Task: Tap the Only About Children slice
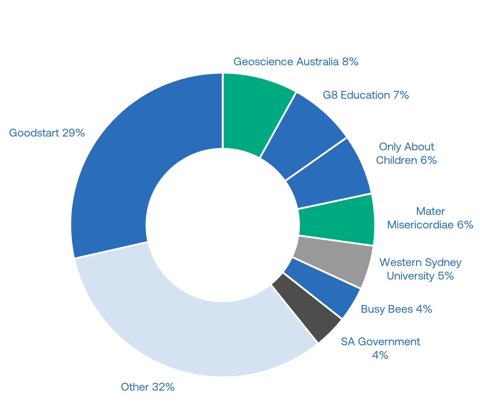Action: (330, 173)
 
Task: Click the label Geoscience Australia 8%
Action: (296, 62)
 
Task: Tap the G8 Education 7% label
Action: (366, 95)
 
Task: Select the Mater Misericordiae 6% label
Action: (430, 218)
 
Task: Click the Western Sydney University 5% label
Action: (420, 269)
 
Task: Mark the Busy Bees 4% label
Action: (396, 309)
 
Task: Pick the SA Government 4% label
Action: (380, 348)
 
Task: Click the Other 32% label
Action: (148, 387)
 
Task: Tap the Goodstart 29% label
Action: (47, 133)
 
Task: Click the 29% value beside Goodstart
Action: (74, 133)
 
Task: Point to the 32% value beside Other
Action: (163, 387)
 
